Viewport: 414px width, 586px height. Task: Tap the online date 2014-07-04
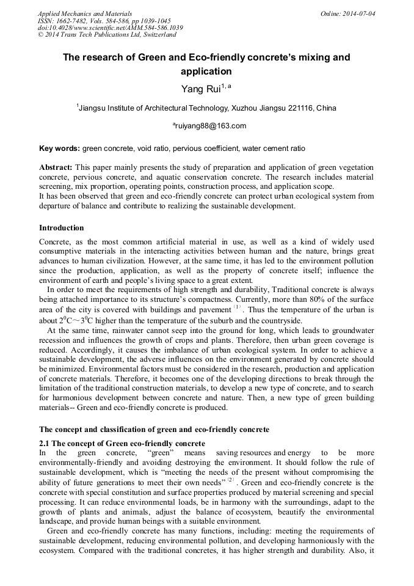click(x=360, y=13)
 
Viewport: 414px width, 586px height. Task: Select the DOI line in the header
click(x=110, y=27)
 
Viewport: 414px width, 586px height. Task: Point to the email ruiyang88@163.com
click(x=211, y=126)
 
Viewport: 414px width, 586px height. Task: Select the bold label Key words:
click(x=59, y=148)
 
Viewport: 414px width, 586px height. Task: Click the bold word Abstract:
click(x=56, y=167)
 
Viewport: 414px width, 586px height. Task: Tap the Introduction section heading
click(x=62, y=228)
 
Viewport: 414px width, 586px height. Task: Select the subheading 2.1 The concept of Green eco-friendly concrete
click(x=122, y=443)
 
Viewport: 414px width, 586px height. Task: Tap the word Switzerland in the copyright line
click(x=158, y=35)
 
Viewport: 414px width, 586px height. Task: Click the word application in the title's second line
click(x=206, y=71)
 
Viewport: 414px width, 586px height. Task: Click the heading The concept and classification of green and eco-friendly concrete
click(x=154, y=430)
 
